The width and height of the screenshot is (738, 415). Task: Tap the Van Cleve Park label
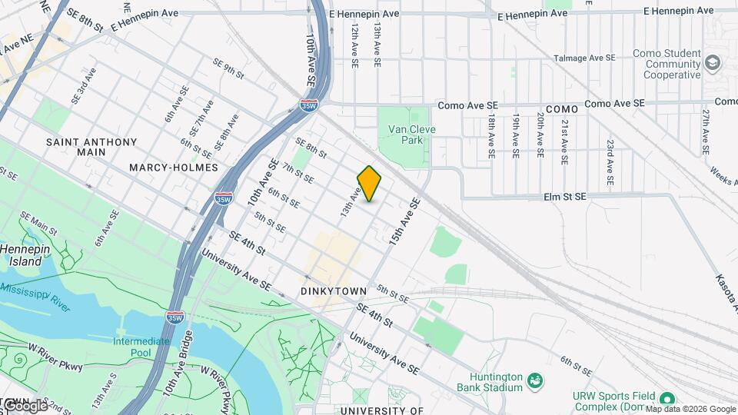411,134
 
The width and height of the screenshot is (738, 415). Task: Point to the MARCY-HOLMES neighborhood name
174,168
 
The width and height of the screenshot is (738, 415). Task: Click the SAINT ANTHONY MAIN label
91,147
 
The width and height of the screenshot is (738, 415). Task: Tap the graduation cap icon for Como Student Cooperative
713,62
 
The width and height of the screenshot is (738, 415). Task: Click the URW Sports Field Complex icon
667,397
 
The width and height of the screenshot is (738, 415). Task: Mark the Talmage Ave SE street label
582,58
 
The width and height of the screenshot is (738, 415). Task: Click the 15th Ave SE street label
405,222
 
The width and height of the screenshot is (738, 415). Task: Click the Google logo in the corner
25,405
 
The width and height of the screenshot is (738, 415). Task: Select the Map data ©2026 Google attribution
690,409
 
